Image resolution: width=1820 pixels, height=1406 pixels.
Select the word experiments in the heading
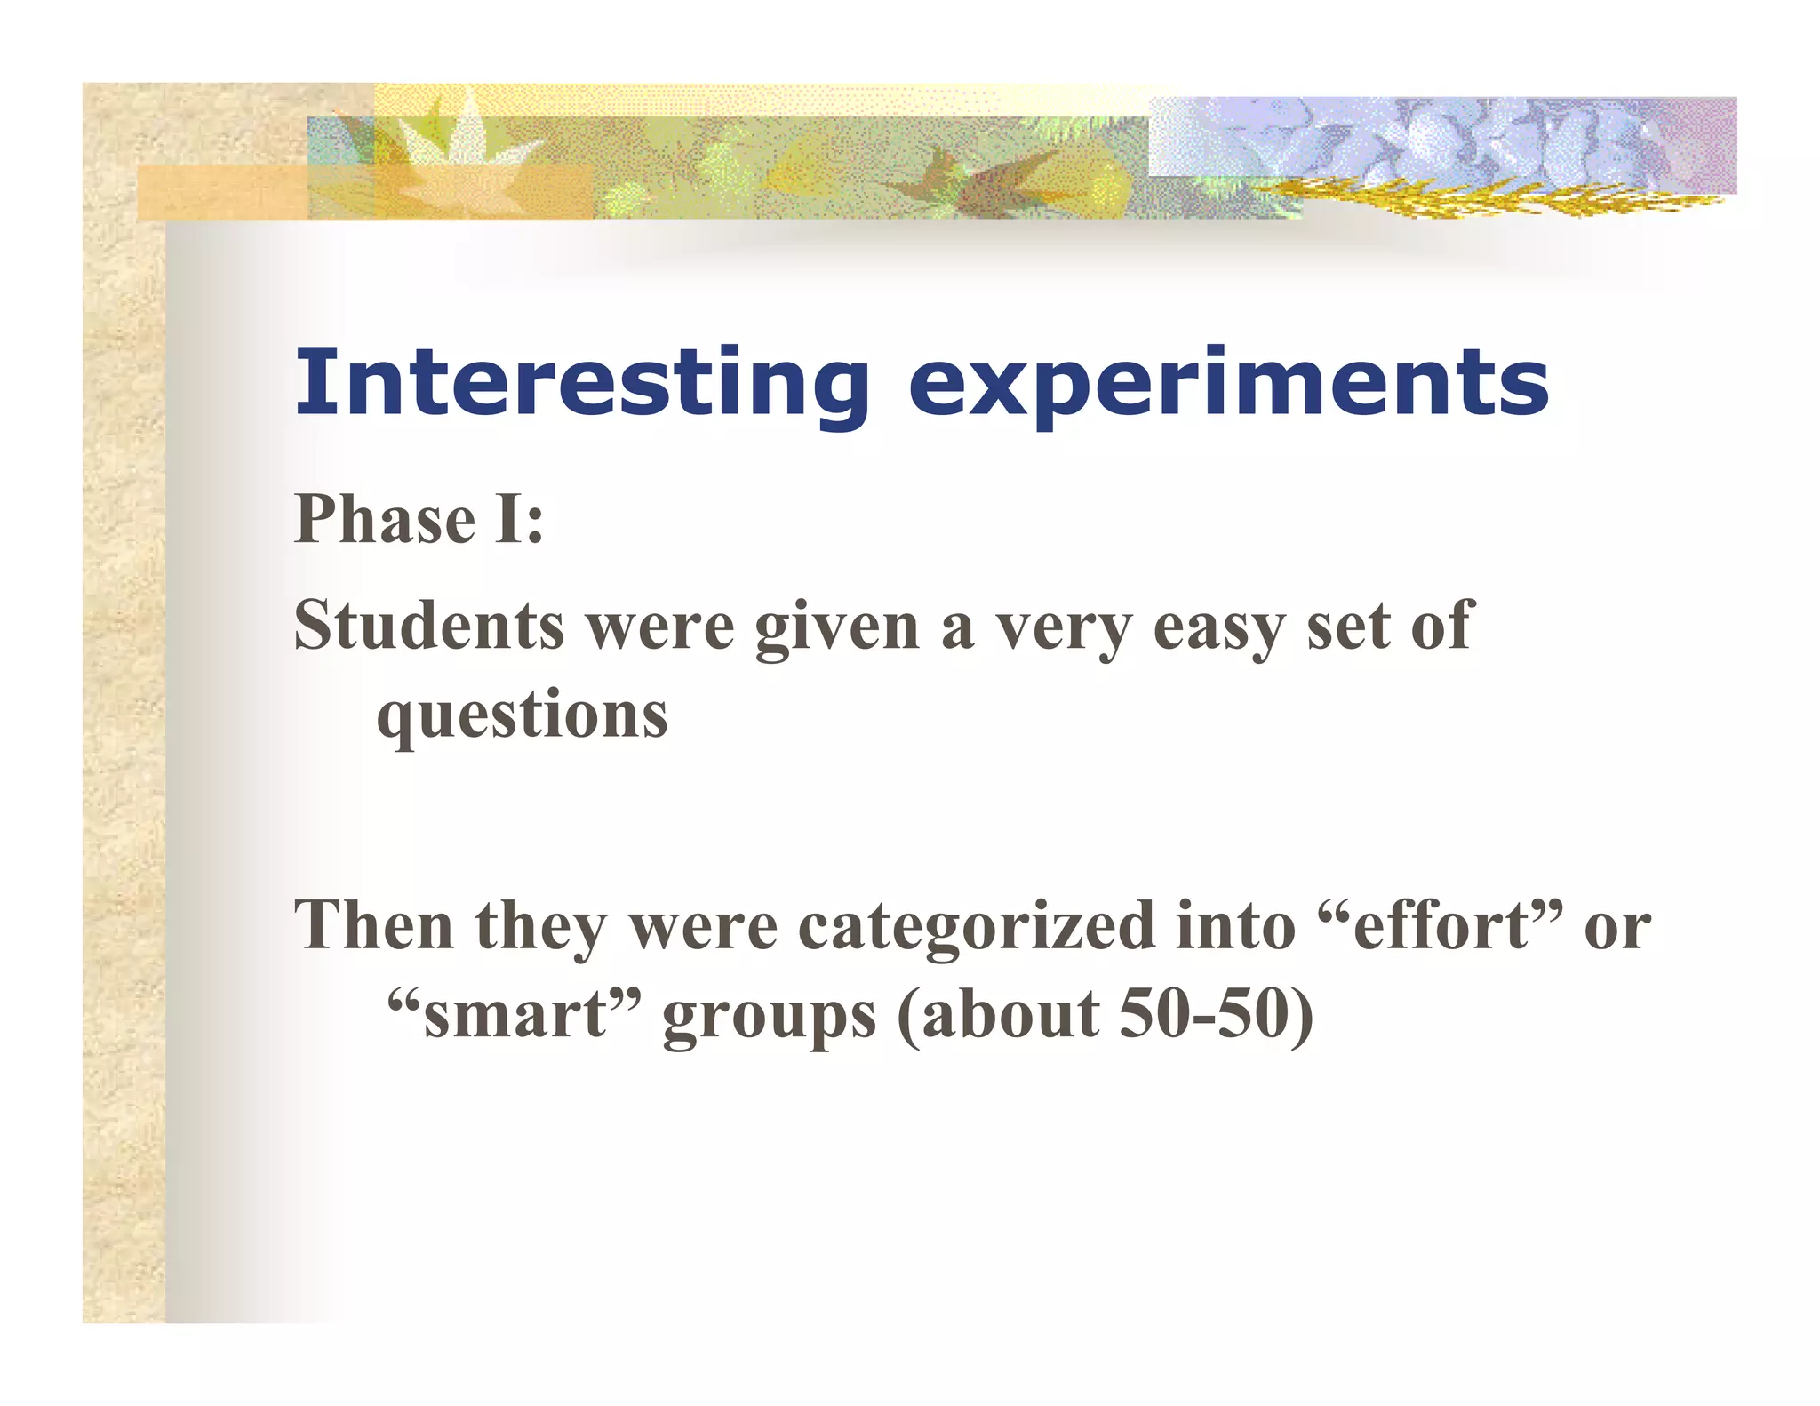coord(1228,384)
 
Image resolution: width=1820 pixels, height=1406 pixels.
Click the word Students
coord(428,626)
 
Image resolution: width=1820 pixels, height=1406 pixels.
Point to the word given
coord(836,629)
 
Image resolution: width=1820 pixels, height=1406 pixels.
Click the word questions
coord(522,716)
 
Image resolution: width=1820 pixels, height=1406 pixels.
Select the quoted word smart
coord(515,1015)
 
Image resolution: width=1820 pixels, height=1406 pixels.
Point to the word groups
coord(770,1019)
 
